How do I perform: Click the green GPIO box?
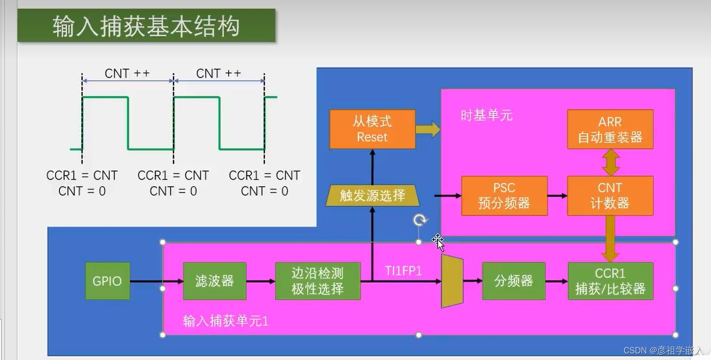(107, 281)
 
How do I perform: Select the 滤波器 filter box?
(214, 281)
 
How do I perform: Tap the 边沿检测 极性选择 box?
(318, 281)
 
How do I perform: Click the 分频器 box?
(513, 281)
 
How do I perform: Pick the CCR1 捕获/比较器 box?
(610, 281)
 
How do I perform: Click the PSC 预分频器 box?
(504, 196)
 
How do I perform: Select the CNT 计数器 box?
(610, 196)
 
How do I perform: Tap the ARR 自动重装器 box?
(610, 129)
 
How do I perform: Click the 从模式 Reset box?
(372, 129)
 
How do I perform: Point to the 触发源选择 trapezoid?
(373, 196)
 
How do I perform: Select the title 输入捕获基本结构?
(146, 26)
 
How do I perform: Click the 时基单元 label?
(487, 115)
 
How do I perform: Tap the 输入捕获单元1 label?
(225, 321)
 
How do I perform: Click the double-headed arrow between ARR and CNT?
(610, 163)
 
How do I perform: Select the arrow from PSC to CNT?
(557, 196)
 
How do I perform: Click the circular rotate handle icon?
(420, 220)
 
